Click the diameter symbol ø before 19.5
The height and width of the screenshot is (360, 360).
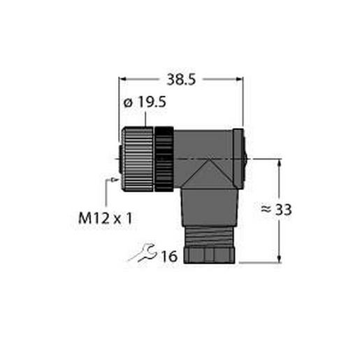pyautogui.click(x=127, y=103)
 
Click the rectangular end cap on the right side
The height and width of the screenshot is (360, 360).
pyautogui.click(x=238, y=160)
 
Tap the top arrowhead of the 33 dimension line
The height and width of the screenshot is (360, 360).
pyautogui.click(x=280, y=163)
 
